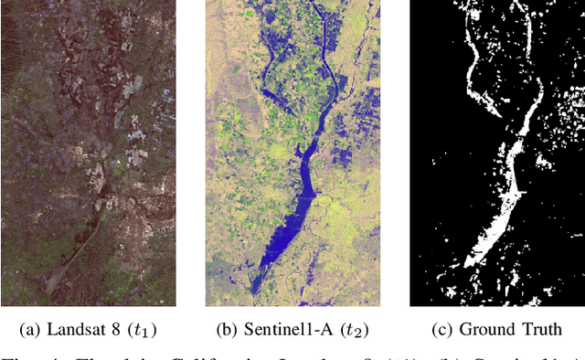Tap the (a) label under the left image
pos(33,330)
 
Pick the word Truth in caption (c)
pos(540,330)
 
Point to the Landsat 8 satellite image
pos(90,153)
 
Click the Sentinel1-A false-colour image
pos(292,153)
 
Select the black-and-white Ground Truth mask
pos(496,153)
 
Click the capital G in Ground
pos(464,330)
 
